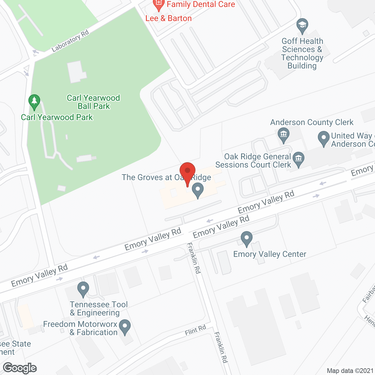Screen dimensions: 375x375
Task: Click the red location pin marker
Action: click(187, 171)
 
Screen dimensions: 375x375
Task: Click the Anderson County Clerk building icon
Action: click(283, 135)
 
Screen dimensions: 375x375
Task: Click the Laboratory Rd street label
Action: click(70, 41)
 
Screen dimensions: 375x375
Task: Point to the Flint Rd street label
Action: click(195, 330)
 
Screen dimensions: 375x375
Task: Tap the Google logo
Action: click(20, 368)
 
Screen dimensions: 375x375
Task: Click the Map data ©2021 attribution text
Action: click(350, 371)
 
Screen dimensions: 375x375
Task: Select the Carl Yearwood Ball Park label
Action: click(93, 102)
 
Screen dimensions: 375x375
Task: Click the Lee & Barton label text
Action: click(168, 18)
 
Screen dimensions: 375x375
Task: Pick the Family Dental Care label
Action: click(201, 4)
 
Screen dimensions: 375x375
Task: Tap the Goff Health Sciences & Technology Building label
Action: click(302, 53)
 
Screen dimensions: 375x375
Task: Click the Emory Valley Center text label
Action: click(270, 254)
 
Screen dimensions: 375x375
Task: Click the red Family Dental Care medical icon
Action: click(158, 5)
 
